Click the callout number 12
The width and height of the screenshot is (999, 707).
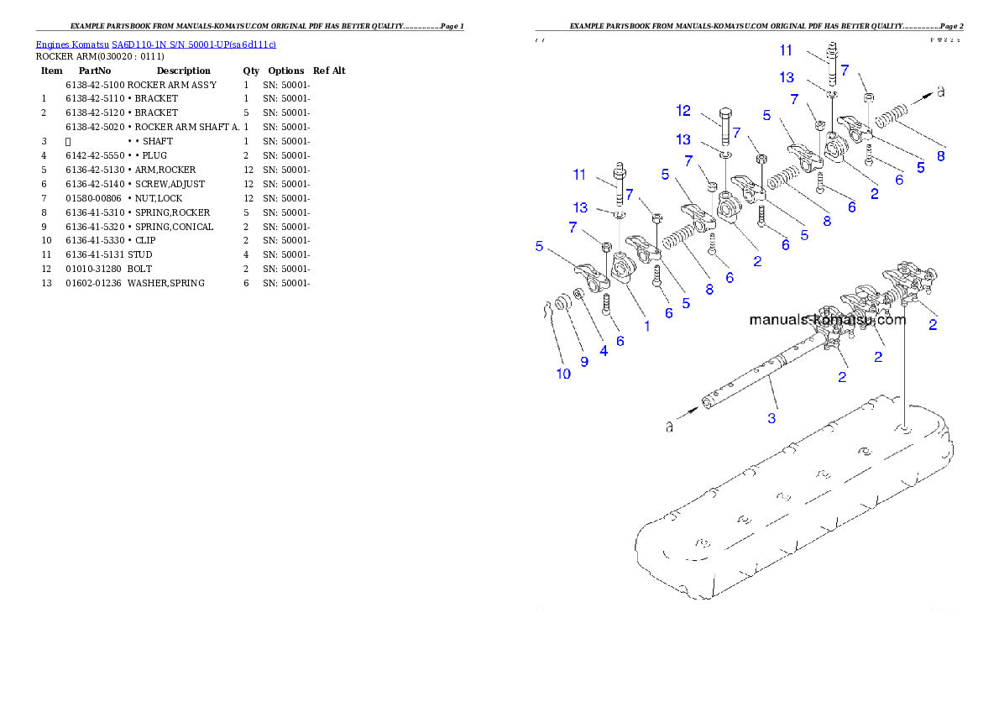[683, 110]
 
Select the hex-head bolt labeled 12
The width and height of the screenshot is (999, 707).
[725, 127]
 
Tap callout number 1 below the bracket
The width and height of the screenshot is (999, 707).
[646, 325]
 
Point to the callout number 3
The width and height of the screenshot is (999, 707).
[771, 416]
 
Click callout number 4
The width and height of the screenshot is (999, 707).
[603, 351]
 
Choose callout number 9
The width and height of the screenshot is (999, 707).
[584, 361]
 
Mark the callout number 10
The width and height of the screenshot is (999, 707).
[563, 374]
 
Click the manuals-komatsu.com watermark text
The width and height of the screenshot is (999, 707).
[827, 320]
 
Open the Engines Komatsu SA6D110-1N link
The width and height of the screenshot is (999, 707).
[155, 44]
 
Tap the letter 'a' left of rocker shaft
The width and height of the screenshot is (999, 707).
[669, 427]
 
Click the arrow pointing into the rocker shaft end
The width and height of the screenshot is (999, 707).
[693, 411]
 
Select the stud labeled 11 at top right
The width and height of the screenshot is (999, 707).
[833, 63]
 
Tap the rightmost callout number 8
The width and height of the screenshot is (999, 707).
[940, 155]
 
